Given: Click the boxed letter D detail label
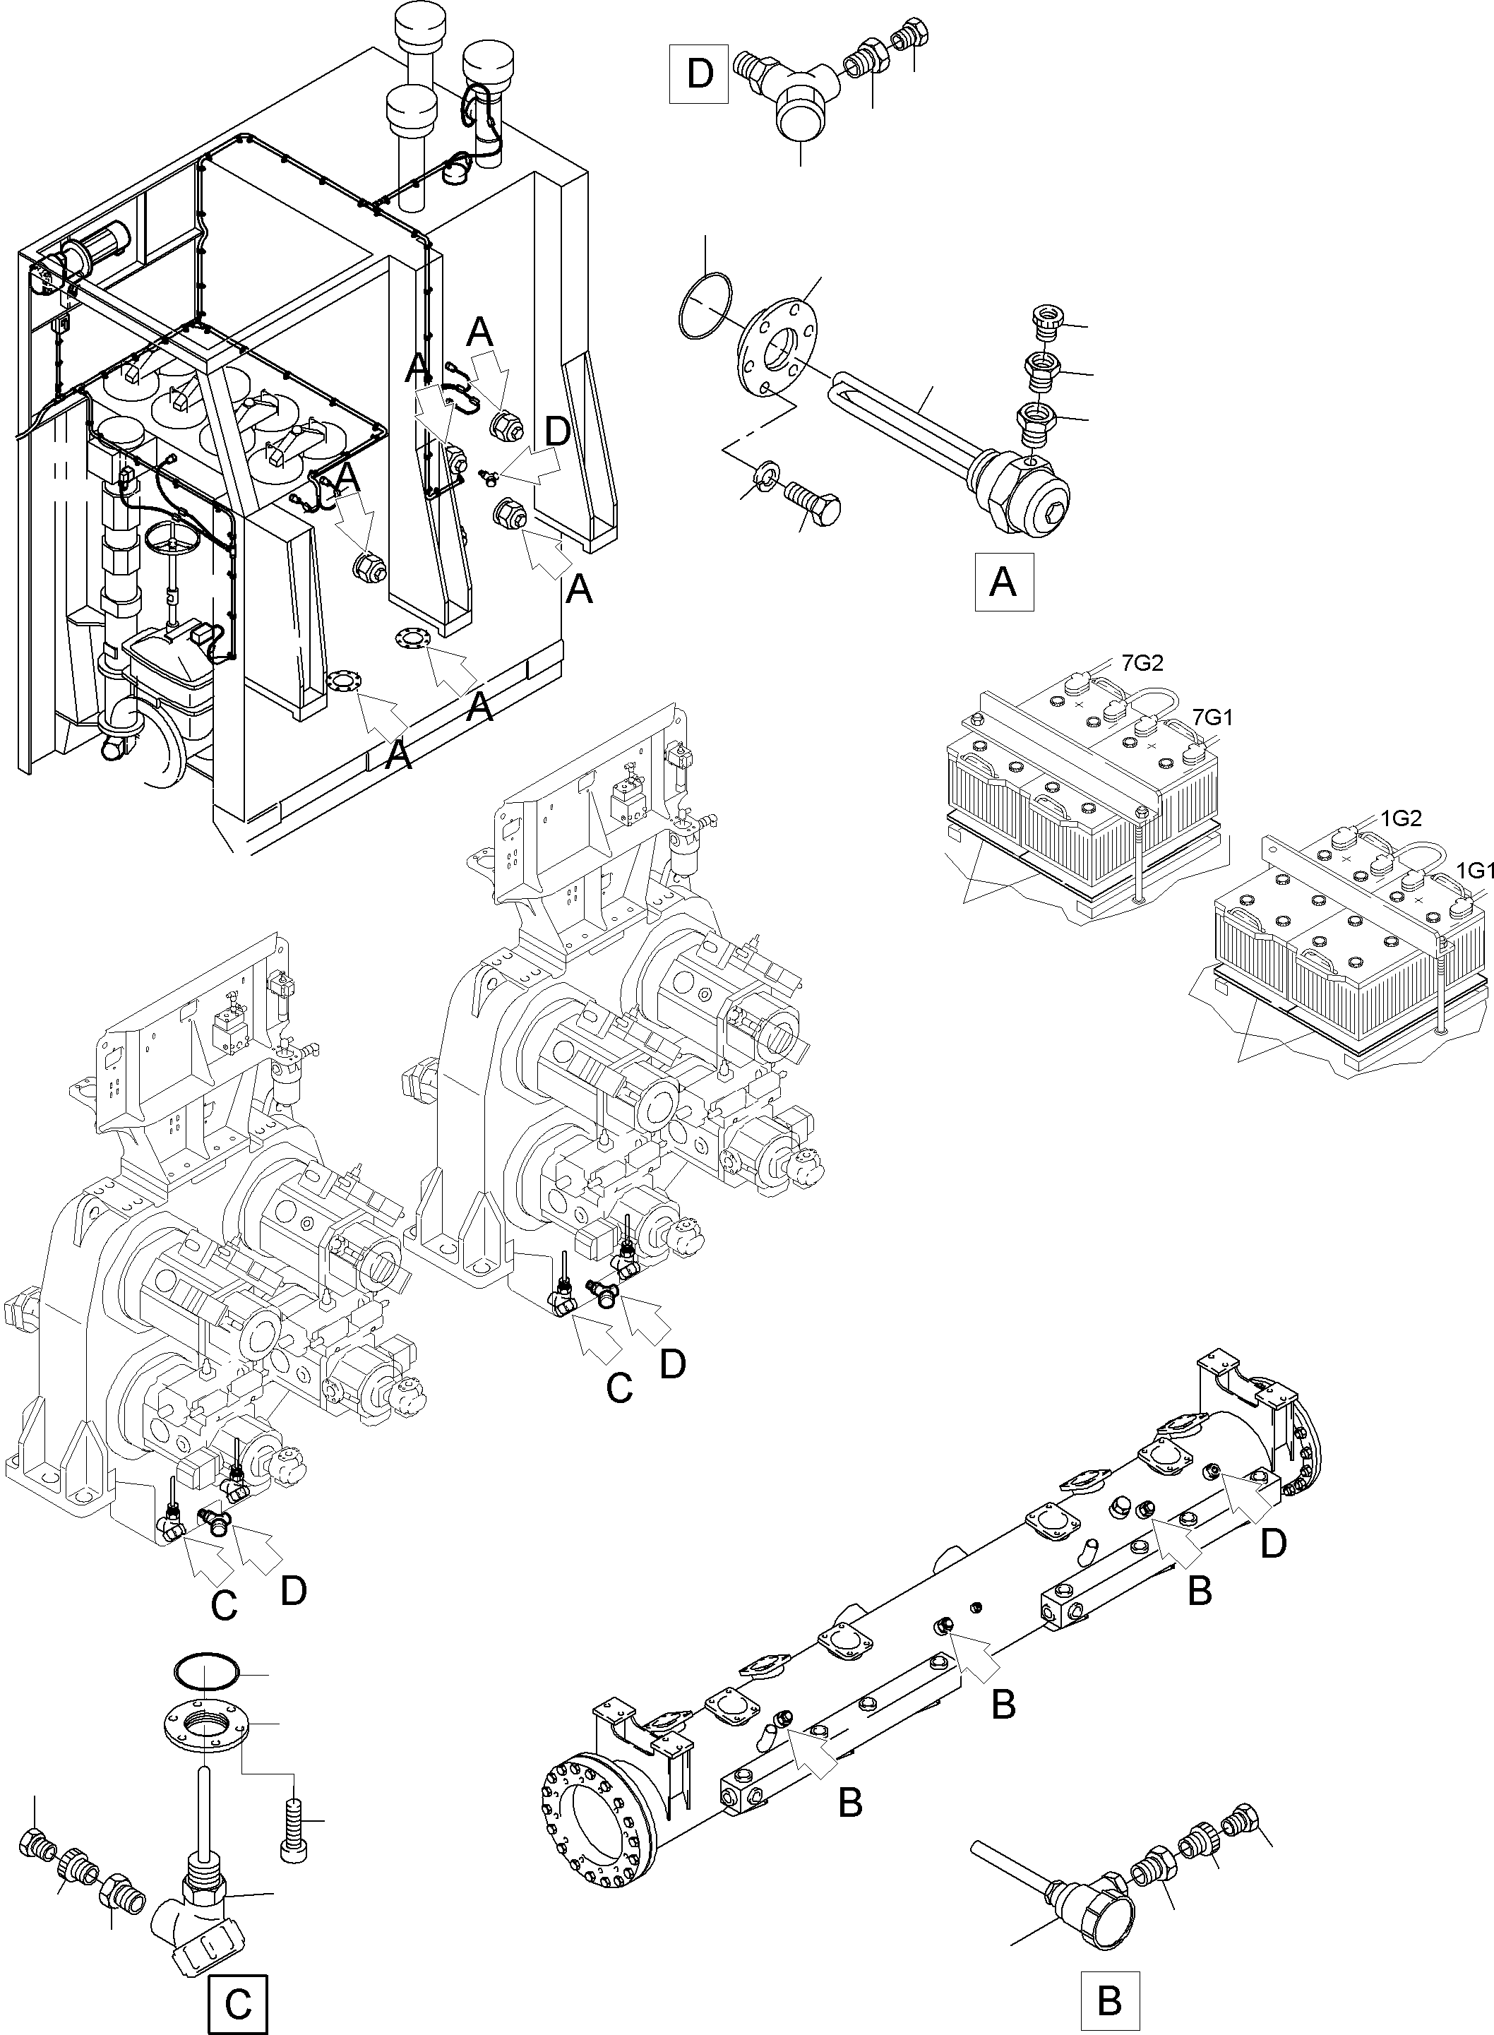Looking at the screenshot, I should pos(699,73).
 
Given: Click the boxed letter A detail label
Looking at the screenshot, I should pos(1003,583).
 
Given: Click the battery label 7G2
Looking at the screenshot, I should pos(1142,664).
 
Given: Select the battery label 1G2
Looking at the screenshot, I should pos(1401,818).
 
